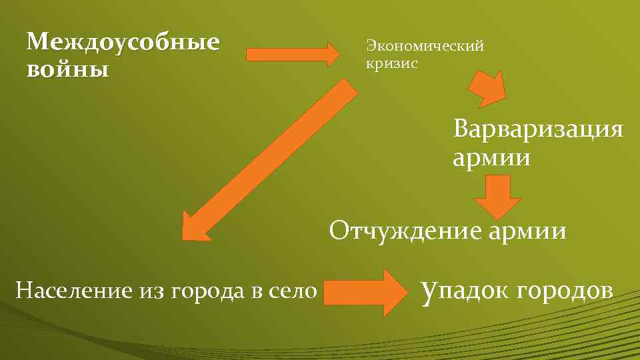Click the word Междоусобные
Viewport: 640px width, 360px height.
click(123, 43)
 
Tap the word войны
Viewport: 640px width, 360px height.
click(67, 69)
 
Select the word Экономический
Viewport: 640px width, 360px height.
click(424, 46)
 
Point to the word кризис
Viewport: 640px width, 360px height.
click(392, 64)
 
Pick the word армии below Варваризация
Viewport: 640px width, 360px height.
click(491, 159)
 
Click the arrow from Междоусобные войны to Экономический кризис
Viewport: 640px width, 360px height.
click(293, 54)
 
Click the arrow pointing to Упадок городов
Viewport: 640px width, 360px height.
click(366, 291)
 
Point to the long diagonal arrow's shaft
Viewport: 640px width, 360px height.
click(280, 153)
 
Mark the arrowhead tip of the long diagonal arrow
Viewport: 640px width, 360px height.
click(187, 235)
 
